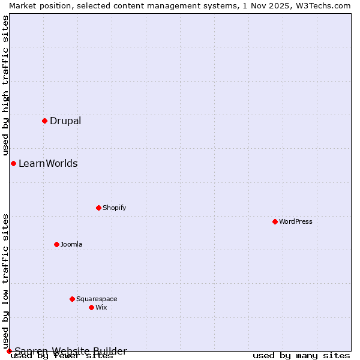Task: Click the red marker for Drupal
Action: (44, 121)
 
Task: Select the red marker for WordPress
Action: (275, 221)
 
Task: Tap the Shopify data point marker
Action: (98, 208)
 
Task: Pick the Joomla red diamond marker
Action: (56, 244)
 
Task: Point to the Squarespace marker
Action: (72, 299)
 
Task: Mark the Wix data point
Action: (91, 307)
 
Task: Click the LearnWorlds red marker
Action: (13, 163)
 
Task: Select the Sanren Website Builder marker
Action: (9, 351)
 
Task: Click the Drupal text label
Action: (65, 121)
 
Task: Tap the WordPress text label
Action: (296, 222)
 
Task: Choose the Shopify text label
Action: (115, 208)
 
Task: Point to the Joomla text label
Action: (71, 245)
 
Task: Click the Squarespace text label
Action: (97, 299)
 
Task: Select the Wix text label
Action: (101, 308)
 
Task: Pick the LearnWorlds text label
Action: (48, 164)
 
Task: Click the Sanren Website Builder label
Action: (71, 351)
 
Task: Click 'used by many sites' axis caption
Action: (301, 356)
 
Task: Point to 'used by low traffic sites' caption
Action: (6, 281)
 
